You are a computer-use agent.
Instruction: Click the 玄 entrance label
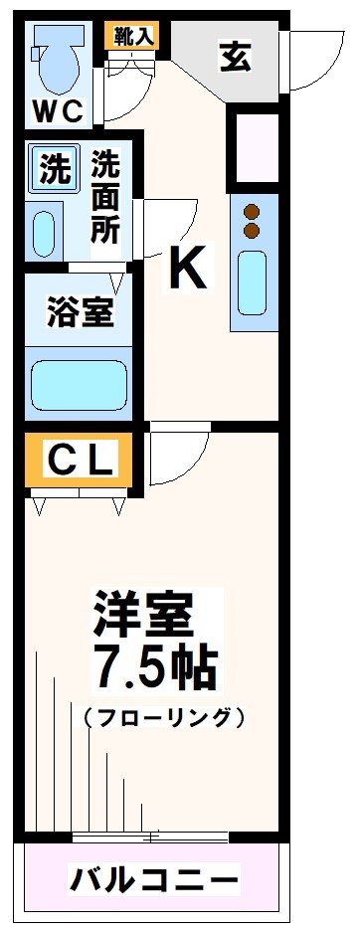coord(236,58)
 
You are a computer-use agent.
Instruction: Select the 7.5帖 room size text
coord(154,670)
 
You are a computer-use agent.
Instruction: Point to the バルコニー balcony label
coord(154,878)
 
